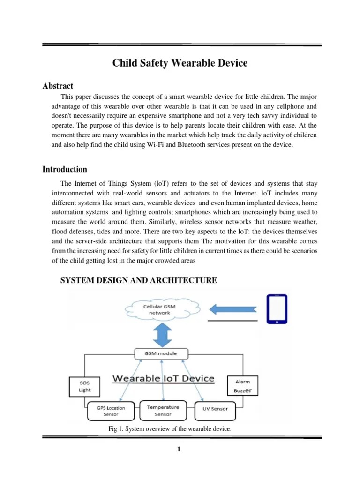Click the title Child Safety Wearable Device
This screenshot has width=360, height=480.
(180, 63)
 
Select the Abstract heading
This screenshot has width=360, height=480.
(58, 86)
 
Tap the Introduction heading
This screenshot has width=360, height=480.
(65, 169)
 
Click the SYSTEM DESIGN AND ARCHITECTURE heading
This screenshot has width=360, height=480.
(139, 280)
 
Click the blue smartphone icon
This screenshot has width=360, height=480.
(278, 308)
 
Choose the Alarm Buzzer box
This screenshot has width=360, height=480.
(242, 385)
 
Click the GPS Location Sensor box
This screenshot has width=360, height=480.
(111, 411)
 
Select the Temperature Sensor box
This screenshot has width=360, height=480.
(163, 410)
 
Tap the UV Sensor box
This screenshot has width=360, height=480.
(215, 409)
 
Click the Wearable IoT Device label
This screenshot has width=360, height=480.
(163, 378)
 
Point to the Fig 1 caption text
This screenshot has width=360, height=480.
(170, 429)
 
